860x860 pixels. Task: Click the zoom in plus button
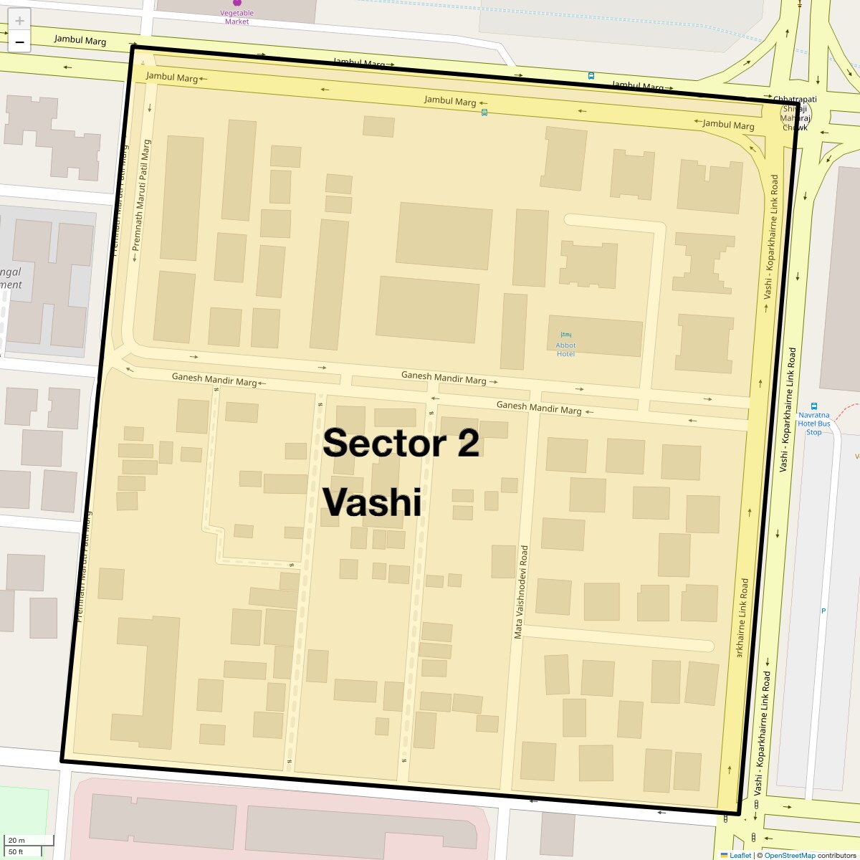[19, 20]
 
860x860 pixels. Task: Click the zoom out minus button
[19, 42]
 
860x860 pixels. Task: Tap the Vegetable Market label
[236, 17]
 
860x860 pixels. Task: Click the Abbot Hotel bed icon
[566, 335]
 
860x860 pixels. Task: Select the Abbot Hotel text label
[565, 350]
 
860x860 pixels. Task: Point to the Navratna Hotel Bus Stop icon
[813, 406]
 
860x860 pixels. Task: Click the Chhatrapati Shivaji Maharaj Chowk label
[795, 113]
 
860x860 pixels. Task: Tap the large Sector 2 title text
[401, 443]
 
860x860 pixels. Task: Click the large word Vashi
[372, 502]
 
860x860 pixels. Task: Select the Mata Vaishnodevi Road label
[521, 592]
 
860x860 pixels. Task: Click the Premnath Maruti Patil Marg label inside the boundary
[141, 195]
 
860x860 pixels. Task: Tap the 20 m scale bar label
[16, 840]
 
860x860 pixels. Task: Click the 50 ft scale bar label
[16, 851]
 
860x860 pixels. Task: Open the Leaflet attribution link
[740, 855]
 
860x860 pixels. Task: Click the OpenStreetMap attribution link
[789, 855]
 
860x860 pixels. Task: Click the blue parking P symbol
[823, 611]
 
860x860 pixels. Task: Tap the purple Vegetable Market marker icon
[237, 3]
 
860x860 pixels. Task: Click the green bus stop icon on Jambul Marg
[484, 112]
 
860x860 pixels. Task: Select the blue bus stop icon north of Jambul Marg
[591, 75]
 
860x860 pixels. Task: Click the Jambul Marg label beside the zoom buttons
[80, 40]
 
